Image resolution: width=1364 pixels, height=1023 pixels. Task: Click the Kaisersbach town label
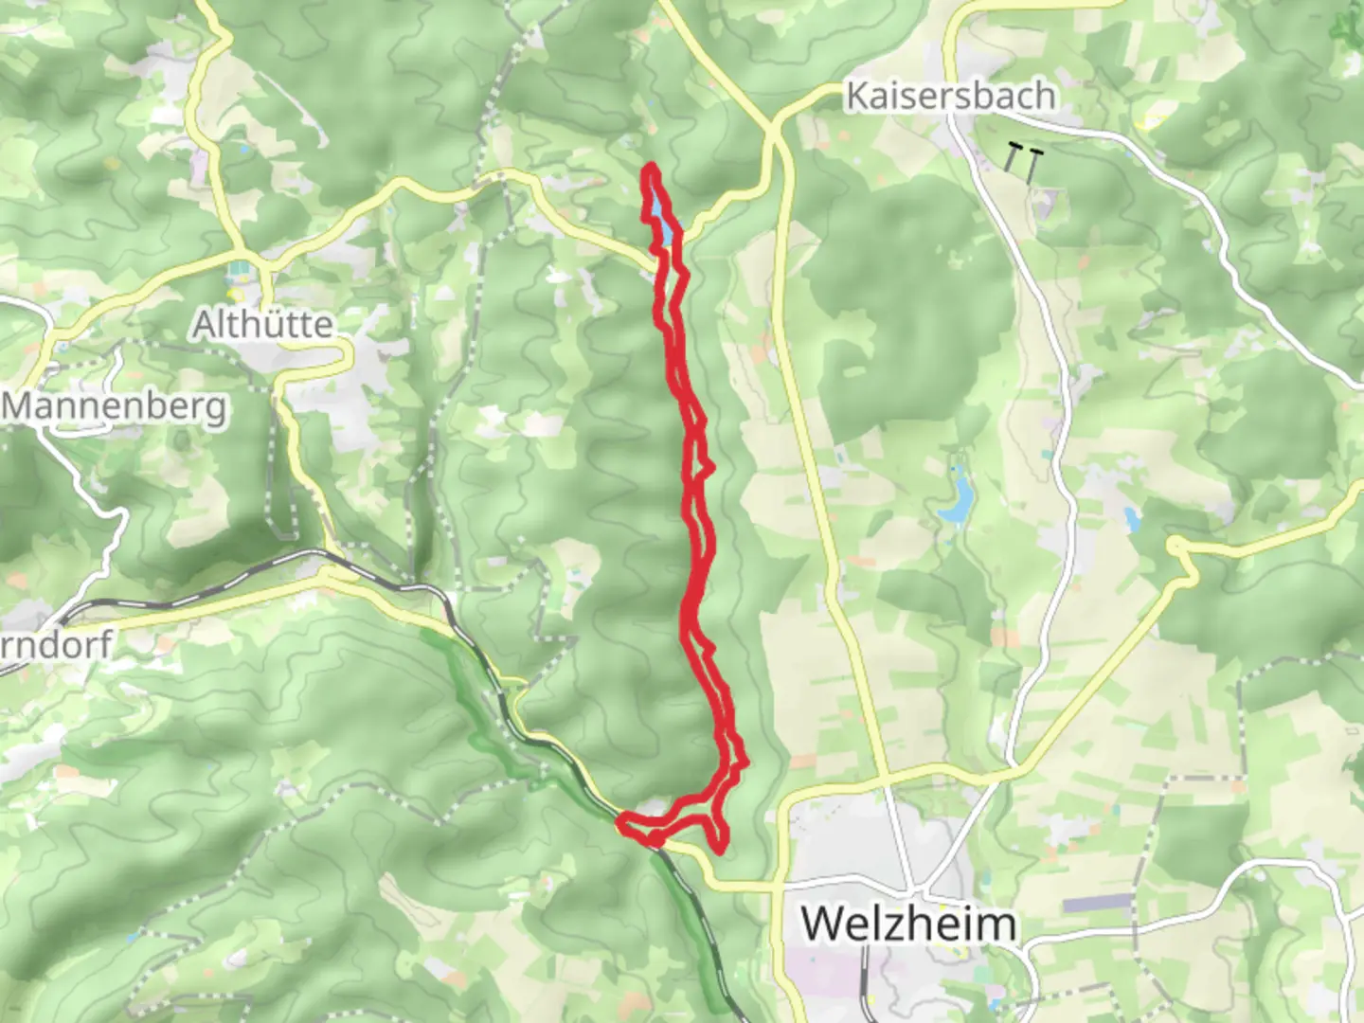950,96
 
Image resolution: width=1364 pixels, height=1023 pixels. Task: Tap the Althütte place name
263,325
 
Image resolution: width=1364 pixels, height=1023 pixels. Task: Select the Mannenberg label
115,407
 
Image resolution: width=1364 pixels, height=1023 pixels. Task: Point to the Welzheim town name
909,923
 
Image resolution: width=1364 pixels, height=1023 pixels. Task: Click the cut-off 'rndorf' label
57,644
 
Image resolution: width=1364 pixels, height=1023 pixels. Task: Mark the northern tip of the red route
652,168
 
